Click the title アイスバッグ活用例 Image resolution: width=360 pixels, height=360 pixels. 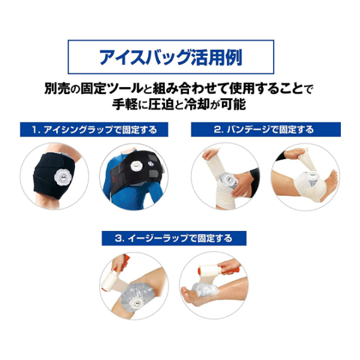pos(171,57)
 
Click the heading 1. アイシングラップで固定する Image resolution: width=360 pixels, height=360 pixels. pos(94,130)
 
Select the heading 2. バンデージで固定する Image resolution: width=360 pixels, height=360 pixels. pos(264,130)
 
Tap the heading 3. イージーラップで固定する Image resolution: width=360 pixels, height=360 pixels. pos(173,238)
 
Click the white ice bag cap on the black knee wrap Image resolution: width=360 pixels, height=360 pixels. pos(63,178)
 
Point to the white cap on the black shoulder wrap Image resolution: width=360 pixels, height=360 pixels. pos(136,166)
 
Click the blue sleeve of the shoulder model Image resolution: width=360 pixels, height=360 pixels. pos(111,186)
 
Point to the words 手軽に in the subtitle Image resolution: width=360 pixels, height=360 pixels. pos(128,104)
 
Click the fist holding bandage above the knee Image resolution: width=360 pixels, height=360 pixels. pos(208,155)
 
